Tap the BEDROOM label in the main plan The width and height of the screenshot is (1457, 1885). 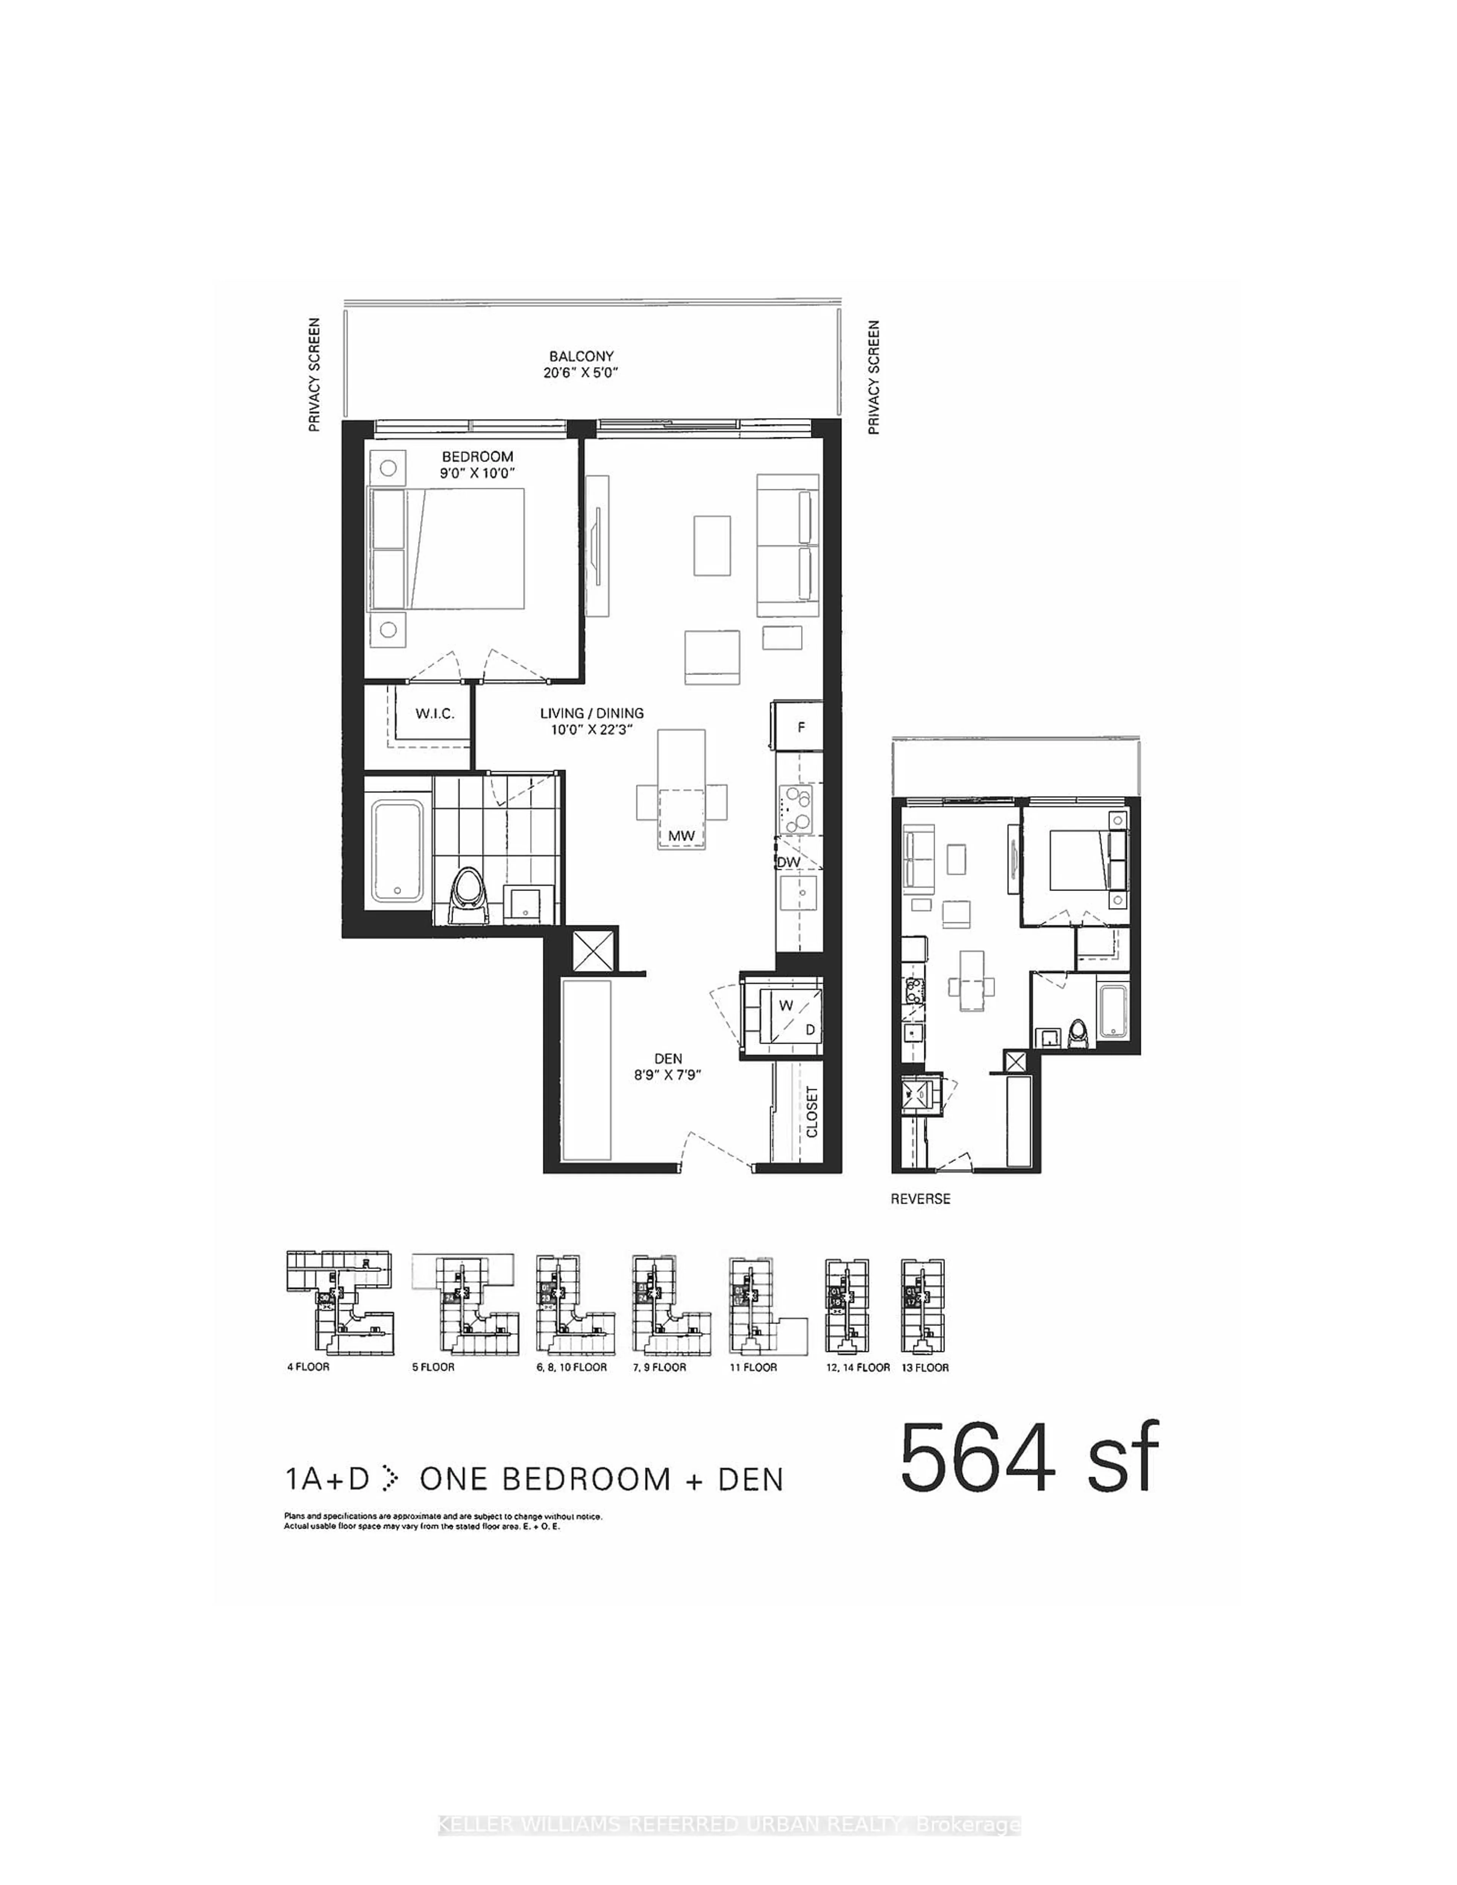[477, 456]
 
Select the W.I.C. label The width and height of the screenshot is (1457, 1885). [434, 714]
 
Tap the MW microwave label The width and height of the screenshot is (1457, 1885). [681, 836]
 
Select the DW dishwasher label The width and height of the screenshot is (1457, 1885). [788, 861]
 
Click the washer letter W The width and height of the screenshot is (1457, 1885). [785, 1005]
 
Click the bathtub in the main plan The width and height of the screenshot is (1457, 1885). [397, 851]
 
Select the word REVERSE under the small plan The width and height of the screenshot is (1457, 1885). [920, 1199]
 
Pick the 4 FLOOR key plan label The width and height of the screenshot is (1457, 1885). [308, 1367]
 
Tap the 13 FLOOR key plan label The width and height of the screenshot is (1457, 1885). [924, 1367]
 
